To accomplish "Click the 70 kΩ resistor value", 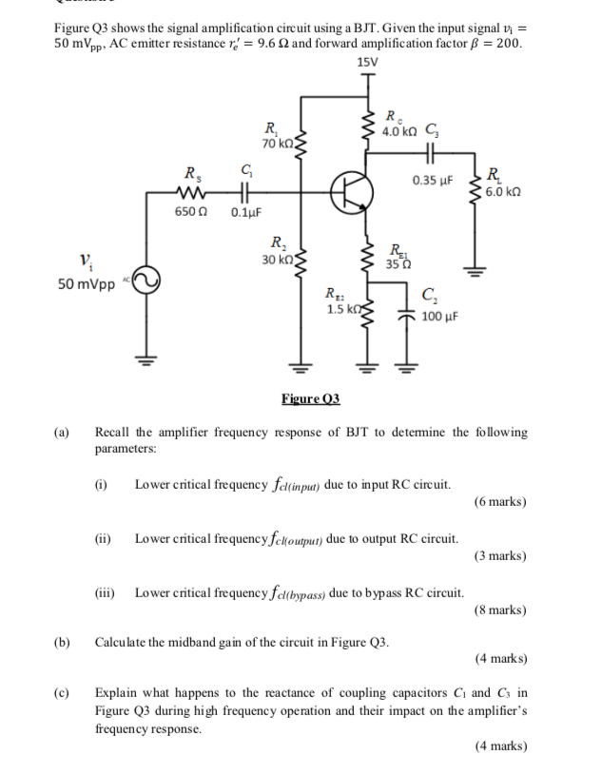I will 276,143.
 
